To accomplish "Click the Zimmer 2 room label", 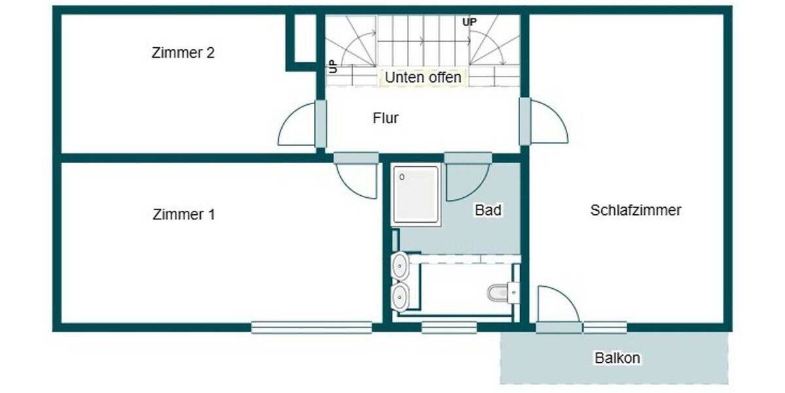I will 183,53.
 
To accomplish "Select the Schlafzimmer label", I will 635,210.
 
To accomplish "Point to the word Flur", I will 385,119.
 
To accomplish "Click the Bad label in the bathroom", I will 488,210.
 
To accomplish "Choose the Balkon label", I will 617,358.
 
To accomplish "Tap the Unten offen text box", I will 423,77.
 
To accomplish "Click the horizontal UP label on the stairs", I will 469,22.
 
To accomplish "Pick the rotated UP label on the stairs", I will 332,65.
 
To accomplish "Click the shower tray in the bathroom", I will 415,195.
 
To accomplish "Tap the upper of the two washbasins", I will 400,266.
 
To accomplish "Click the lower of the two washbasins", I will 400,296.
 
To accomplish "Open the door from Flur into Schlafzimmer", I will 547,122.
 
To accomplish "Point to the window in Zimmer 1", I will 311,327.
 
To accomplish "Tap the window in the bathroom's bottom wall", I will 449,327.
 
